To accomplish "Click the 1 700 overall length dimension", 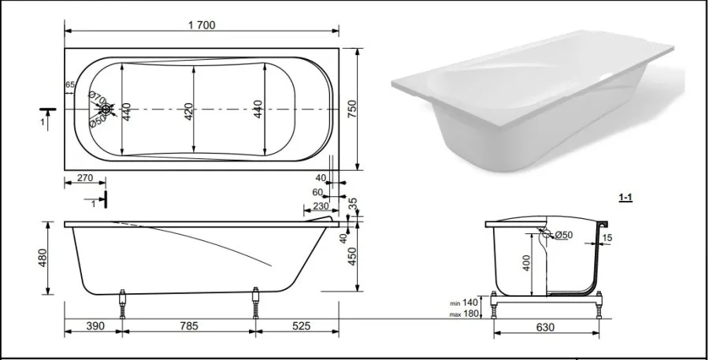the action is pyautogui.click(x=202, y=25).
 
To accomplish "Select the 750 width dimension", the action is pyautogui.click(x=351, y=109).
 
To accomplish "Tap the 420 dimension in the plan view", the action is pyautogui.click(x=188, y=112).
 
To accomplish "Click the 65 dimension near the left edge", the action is pyautogui.click(x=70, y=84).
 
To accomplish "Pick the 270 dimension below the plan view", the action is pyautogui.click(x=84, y=178).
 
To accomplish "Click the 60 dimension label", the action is pyautogui.click(x=317, y=193).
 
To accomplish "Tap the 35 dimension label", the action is pyautogui.click(x=353, y=204).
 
